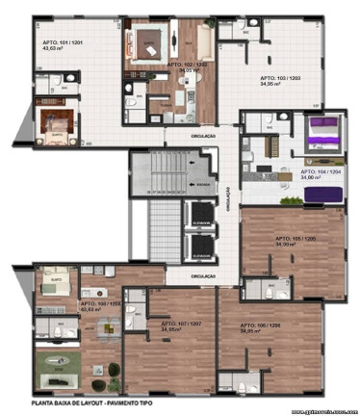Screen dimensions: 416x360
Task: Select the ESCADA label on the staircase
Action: [201, 183]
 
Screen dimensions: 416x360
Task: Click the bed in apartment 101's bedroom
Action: [52, 123]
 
